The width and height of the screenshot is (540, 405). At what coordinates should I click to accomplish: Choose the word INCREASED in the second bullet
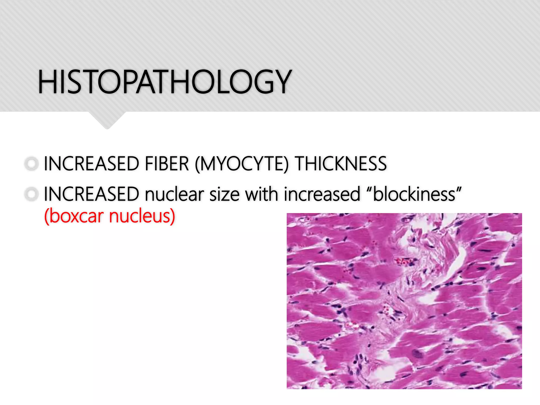(91, 194)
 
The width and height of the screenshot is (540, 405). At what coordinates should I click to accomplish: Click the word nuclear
(174, 194)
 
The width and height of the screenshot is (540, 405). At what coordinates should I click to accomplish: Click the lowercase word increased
(322, 194)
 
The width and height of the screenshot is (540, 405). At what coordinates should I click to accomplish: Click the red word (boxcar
(74, 216)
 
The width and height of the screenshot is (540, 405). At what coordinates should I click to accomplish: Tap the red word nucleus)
(142, 216)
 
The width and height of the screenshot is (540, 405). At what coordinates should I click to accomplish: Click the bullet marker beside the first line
(32, 164)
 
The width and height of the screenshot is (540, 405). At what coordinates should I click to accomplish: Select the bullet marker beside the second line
(32, 194)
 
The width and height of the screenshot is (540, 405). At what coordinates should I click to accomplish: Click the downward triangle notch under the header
(107, 120)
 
